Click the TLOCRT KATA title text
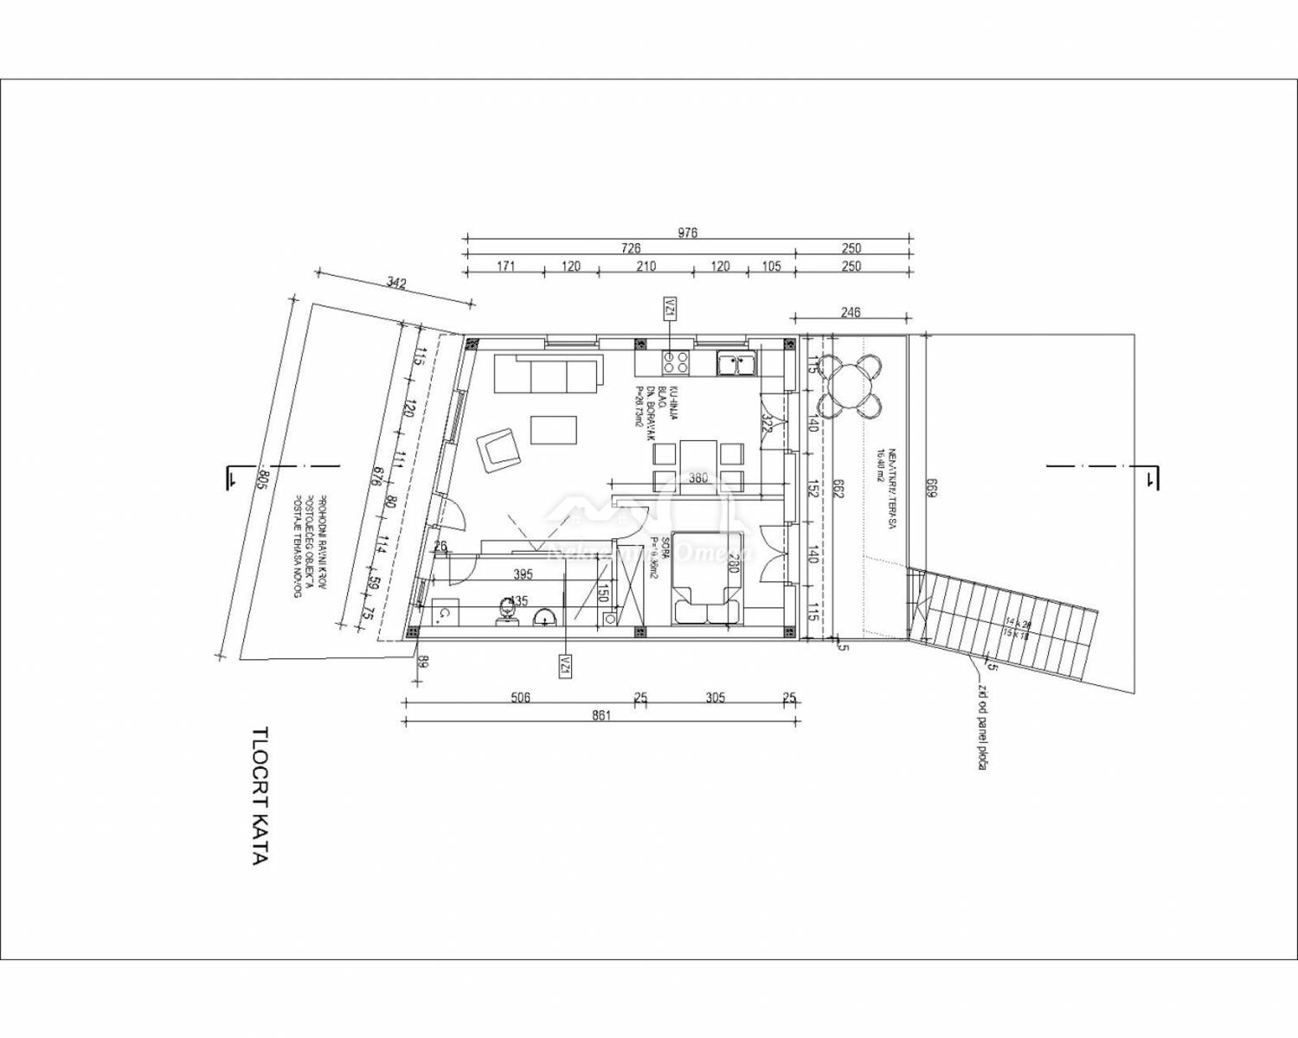pyautogui.click(x=259, y=795)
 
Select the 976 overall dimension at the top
pyautogui.click(x=687, y=233)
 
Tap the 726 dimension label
pyautogui.click(x=632, y=249)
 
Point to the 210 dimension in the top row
pyautogui.click(x=646, y=266)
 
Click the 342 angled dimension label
pyautogui.click(x=396, y=283)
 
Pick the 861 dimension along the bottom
pyautogui.click(x=601, y=715)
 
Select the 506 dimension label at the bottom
pyautogui.click(x=520, y=698)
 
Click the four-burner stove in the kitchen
pyautogui.click(x=676, y=362)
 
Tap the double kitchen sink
pyautogui.click(x=736, y=363)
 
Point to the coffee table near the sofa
pyautogui.click(x=554, y=429)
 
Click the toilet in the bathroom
pyautogui.click(x=508, y=611)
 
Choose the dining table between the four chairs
pyautogui.click(x=698, y=468)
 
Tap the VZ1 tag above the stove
pyautogui.click(x=670, y=308)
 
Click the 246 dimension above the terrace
pyautogui.click(x=851, y=312)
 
